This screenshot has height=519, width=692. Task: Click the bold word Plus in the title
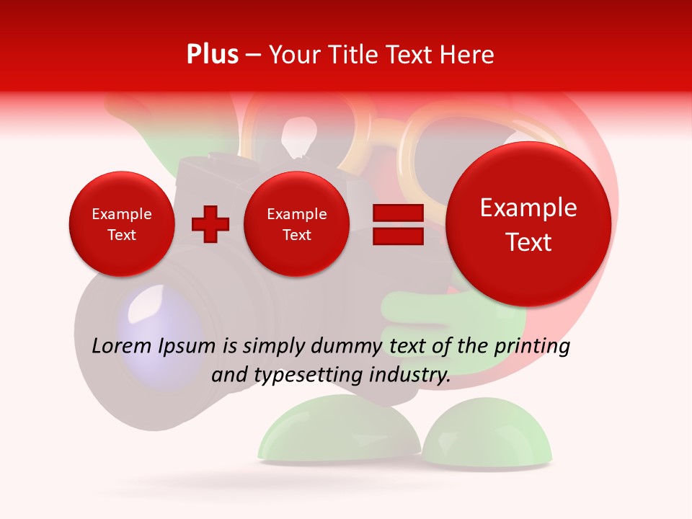pyautogui.click(x=212, y=55)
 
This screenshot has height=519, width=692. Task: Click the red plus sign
pyautogui.click(x=210, y=224)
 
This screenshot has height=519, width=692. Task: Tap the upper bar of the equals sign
pyautogui.click(x=397, y=213)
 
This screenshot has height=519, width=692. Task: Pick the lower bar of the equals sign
pyautogui.click(x=397, y=235)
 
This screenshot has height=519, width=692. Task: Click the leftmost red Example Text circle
pyautogui.click(x=122, y=224)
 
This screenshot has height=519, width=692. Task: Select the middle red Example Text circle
pyautogui.click(x=296, y=224)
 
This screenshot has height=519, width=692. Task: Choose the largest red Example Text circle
pyautogui.click(x=528, y=224)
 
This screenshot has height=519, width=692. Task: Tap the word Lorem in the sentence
pyautogui.click(x=122, y=347)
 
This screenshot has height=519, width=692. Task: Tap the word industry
pyautogui.click(x=413, y=376)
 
